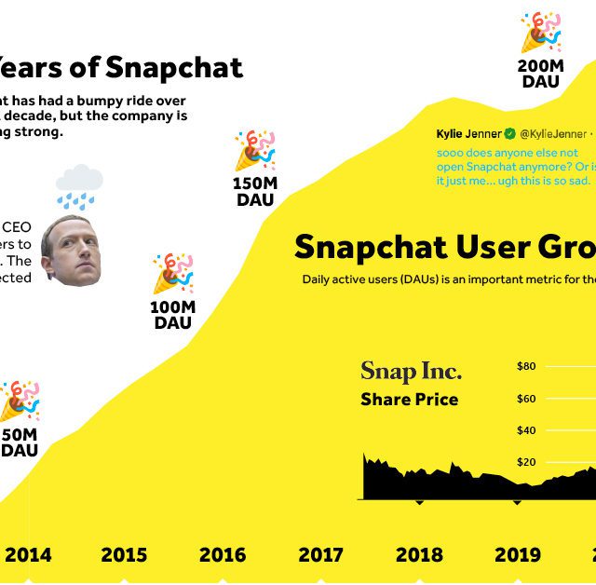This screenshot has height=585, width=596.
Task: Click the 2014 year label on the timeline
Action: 28,555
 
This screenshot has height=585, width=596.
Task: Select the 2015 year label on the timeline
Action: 124,555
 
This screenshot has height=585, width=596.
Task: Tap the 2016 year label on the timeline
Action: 223,555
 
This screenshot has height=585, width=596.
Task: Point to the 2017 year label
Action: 320,555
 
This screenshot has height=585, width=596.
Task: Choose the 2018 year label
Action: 419,555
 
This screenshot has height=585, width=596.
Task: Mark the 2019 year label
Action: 517,555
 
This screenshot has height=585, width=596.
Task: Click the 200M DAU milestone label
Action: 540,74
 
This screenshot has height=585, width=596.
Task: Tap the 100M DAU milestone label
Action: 172,315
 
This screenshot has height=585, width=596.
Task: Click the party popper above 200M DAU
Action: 541,33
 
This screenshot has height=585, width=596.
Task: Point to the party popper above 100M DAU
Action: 173,273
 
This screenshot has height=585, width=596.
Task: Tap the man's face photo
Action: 71,250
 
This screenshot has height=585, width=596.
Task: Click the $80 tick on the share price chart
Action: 526,366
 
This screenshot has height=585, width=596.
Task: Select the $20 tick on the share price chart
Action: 526,462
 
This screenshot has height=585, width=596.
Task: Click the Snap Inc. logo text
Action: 411,372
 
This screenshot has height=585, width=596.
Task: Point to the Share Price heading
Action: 409,400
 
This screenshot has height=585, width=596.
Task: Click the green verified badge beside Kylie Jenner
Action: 510,134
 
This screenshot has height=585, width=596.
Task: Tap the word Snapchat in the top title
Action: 173,67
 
